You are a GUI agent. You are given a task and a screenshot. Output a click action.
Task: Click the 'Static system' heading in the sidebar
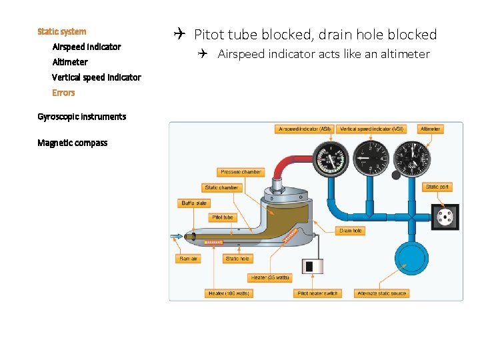[x=62, y=31]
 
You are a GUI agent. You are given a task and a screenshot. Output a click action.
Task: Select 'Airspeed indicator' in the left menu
[x=87, y=47]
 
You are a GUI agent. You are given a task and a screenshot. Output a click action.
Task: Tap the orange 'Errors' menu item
[x=63, y=93]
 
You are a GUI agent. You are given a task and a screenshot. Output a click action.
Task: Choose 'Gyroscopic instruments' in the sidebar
[x=81, y=117]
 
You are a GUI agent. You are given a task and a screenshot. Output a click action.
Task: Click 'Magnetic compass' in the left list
[x=72, y=143]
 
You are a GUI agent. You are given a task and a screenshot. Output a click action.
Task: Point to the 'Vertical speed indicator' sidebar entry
[x=97, y=77]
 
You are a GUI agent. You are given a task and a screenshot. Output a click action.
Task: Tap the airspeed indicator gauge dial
[x=330, y=159]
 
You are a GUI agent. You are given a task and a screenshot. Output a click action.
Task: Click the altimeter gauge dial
[x=413, y=159]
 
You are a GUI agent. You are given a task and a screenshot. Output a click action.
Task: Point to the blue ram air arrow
[x=177, y=236]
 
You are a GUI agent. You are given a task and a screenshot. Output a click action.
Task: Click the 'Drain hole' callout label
[x=350, y=231]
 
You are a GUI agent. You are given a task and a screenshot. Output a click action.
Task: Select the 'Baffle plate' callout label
[x=194, y=203]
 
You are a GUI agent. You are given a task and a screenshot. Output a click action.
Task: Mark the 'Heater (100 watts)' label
[x=229, y=293]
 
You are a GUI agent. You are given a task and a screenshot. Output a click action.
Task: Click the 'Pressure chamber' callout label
[x=241, y=172]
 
